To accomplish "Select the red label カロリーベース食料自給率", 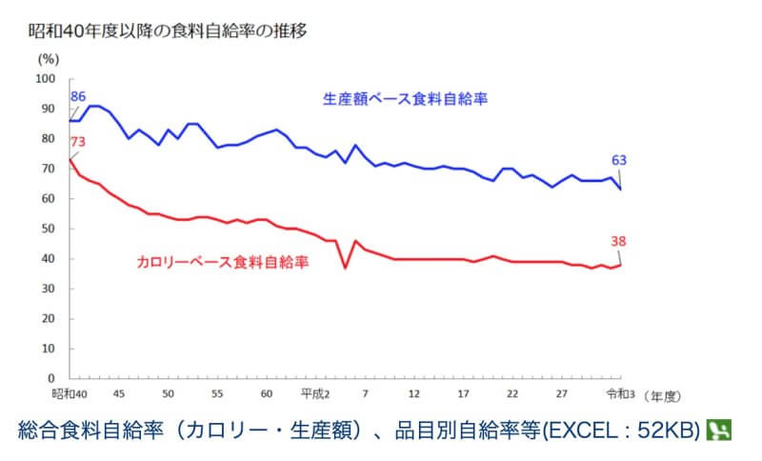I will pyautogui.click(x=222, y=260).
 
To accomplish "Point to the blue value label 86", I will pyautogui.click(x=78, y=96).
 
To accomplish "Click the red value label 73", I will pyautogui.click(x=78, y=142).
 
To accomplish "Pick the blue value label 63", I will pyautogui.click(x=619, y=159).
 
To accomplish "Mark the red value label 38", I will pyautogui.click(x=620, y=241).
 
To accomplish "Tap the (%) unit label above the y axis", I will pyautogui.click(x=49, y=59).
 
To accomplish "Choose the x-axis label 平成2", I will pyautogui.click(x=315, y=392).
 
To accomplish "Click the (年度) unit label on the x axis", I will pyautogui.click(x=666, y=393).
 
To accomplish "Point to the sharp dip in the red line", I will pyautogui.click(x=345, y=269).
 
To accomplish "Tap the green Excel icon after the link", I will pyautogui.click(x=718, y=430).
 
